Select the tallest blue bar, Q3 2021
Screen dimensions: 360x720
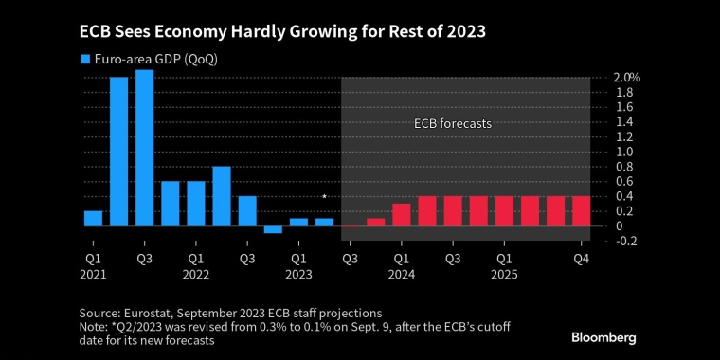point(144,148)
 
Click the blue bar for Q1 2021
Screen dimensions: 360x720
point(93,219)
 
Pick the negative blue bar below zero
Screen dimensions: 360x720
point(273,229)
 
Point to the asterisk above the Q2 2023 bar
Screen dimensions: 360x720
point(324,197)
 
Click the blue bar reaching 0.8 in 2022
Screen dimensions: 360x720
point(222,196)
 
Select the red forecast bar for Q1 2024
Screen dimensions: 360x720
point(402,215)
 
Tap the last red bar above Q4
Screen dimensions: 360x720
point(581,211)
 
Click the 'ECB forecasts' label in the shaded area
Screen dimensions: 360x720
point(453,123)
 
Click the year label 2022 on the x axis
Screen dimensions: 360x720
point(195,275)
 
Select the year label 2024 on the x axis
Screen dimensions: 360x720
point(402,275)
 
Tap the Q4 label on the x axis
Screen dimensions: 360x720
point(581,258)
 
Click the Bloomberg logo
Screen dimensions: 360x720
point(603,337)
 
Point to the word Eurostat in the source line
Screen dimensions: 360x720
point(149,312)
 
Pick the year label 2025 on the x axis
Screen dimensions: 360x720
point(504,275)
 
